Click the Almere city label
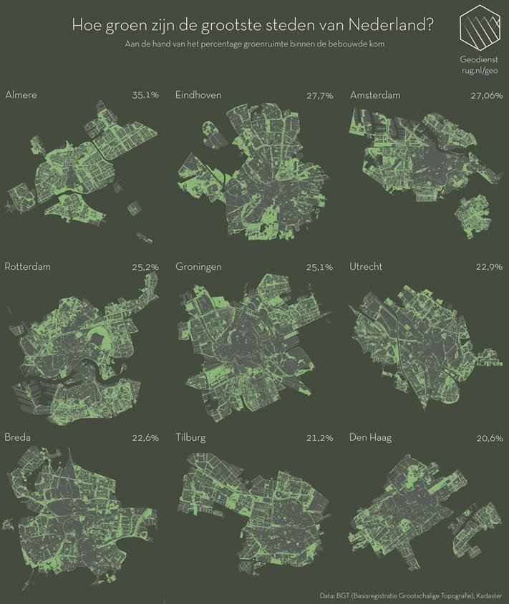click(21, 95)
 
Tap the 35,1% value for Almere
click(145, 95)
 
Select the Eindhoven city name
click(198, 95)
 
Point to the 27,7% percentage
click(319, 95)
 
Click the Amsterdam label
click(374, 95)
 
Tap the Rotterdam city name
click(28, 267)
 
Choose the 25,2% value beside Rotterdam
click(145, 267)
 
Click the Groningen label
click(198, 267)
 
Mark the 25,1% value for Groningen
click(319, 267)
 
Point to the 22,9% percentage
click(490, 267)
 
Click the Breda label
click(19, 437)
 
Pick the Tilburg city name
click(190, 437)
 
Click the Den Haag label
click(370, 437)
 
